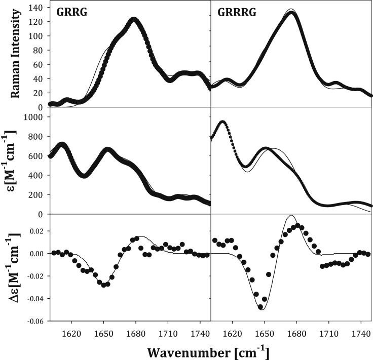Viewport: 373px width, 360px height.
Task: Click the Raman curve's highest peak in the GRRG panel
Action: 134,20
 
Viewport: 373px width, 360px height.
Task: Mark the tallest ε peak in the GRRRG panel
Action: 222,123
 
